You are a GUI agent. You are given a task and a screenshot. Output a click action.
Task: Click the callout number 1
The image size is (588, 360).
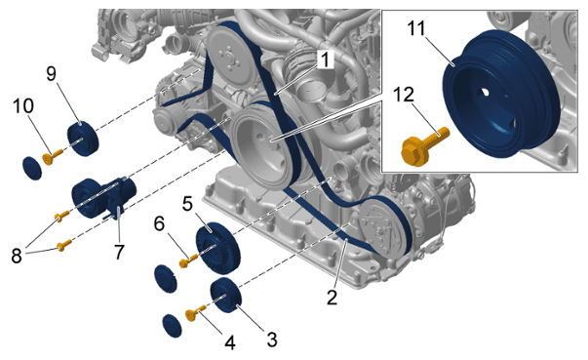pyautogui.click(x=325, y=60)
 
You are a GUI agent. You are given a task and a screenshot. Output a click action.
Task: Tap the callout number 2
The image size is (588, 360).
pyautogui.click(x=332, y=298)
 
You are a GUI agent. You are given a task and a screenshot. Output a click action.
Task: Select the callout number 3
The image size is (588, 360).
pyautogui.click(x=271, y=340)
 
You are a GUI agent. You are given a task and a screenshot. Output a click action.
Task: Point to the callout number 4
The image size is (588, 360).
pyautogui.click(x=229, y=342)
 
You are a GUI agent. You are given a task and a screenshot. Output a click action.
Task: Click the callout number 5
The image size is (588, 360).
pyautogui.click(x=187, y=204)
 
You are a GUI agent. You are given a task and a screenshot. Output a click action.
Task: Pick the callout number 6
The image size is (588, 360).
pyautogui.click(x=159, y=224)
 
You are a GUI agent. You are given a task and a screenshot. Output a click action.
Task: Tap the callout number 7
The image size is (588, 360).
pyautogui.click(x=119, y=252)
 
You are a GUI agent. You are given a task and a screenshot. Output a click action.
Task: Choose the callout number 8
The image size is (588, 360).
pyautogui.click(x=17, y=257)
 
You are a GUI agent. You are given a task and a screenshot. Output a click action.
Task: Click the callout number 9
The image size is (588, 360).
pyautogui.click(x=52, y=73)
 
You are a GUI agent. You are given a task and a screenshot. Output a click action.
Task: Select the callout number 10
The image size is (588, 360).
pyautogui.click(x=22, y=106)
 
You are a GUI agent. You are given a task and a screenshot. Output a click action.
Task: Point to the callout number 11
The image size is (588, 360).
pyautogui.click(x=416, y=28)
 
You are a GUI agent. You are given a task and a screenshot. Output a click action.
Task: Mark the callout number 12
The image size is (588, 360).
pyautogui.click(x=404, y=95)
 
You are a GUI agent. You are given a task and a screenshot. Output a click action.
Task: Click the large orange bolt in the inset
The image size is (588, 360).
pyautogui.click(x=424, y=146)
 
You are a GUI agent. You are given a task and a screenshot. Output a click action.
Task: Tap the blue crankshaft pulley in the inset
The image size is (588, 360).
pyautogui.click(x=502, y=94)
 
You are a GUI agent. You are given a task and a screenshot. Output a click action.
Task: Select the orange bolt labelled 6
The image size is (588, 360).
pyautogui.click(x=188, y=260)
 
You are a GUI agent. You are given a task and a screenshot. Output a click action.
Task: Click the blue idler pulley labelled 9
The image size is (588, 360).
pyautogui.click(x=83, y=139)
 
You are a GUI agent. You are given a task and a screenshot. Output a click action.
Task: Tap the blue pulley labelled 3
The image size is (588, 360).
pyautogui.click(x=226, y=297)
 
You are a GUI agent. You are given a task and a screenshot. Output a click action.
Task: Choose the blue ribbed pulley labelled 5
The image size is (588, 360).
pyautogui.click(x=217, y=247)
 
